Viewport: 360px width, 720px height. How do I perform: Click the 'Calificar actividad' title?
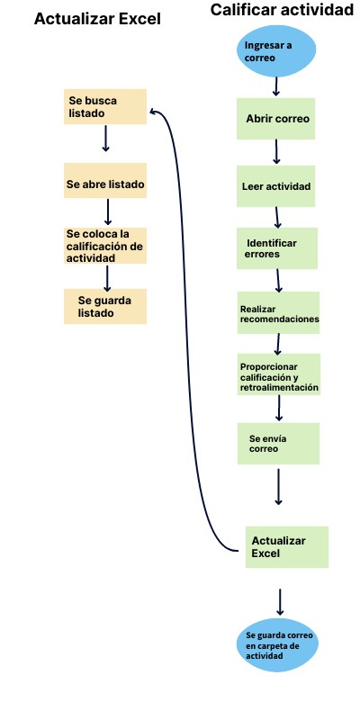(282, 10)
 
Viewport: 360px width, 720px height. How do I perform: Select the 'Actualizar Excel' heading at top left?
(97, 19)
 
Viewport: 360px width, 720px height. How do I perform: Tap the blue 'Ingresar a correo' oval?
(276, 51)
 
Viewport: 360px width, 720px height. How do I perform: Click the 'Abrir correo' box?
(276, 119)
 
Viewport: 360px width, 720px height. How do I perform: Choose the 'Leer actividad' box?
(276, 186)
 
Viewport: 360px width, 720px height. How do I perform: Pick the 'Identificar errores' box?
(277, 248)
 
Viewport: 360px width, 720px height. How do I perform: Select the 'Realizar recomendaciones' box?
(278, 312)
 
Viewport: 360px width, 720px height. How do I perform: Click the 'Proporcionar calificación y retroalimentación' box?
(279, 374)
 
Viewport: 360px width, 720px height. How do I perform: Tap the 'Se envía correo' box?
(278, 444)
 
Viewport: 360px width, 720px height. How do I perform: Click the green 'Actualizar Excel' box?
(287, 547)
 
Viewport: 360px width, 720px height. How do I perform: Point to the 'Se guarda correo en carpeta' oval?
(279, 645)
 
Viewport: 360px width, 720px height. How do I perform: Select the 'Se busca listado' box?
(105, 106)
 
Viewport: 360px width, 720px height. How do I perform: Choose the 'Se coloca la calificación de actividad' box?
(105, 246)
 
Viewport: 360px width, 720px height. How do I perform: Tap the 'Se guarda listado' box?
(105, 306)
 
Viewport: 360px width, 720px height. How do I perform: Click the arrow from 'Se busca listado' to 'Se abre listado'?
(105, 139)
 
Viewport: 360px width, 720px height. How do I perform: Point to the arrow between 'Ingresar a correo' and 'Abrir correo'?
(276, 86)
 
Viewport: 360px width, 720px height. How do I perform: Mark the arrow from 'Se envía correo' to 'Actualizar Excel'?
(278, 486)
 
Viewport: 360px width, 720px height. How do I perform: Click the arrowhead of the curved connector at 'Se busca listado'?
(154, 111)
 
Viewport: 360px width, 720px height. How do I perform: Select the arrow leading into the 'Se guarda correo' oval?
(280, 602)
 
